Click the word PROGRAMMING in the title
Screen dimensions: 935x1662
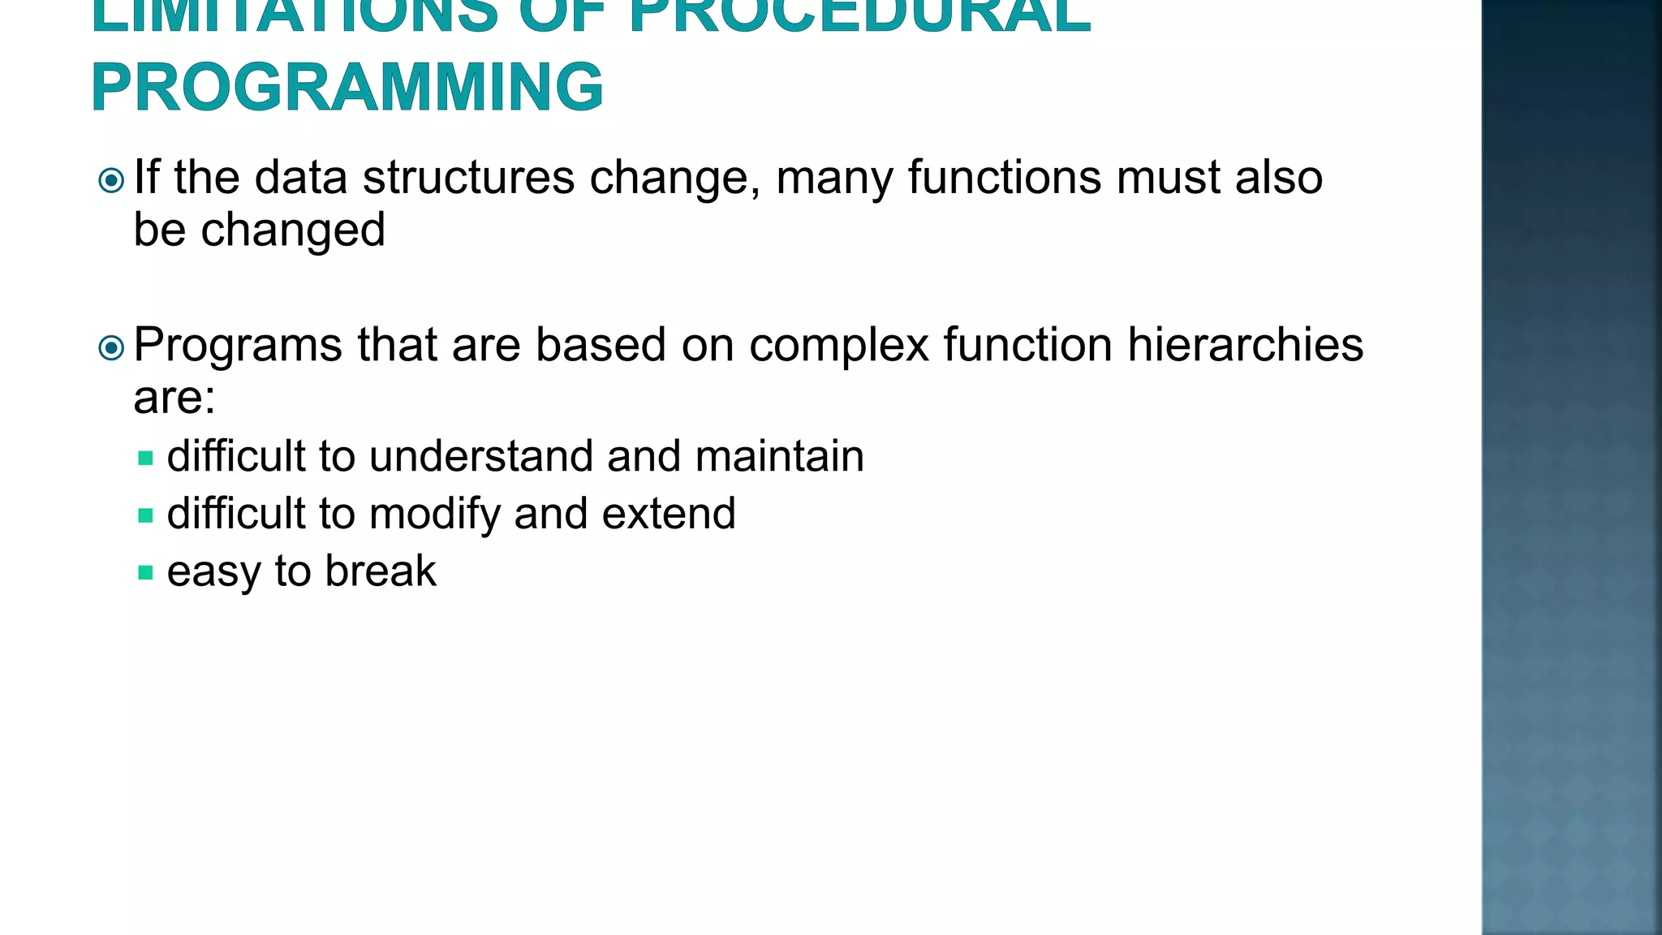coord(347,87)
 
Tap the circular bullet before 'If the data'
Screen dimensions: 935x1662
coord(111,179)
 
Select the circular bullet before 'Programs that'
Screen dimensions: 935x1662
coord(111,348)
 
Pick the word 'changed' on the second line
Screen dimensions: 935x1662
coord(293,230)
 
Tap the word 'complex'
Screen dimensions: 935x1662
coord(838,345)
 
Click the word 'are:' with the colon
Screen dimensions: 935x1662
coord(174,397)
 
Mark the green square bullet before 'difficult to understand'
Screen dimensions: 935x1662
coord(146,459)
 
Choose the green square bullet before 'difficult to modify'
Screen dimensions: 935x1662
coord(146,516)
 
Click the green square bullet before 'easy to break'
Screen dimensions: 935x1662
coord(146,573)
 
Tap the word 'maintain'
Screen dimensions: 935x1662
coord(779,455)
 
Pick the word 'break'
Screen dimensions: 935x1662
coord(381,571)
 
